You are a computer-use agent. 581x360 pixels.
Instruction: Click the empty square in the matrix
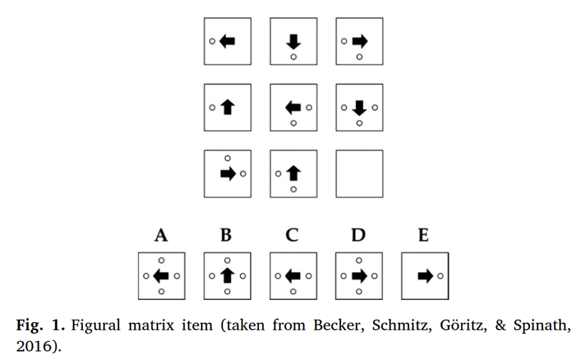[359, 173]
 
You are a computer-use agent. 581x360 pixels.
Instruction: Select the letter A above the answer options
[161, 235]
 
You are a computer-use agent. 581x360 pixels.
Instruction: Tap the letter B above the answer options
[226, 235]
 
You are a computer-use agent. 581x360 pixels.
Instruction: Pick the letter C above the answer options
[292, 235]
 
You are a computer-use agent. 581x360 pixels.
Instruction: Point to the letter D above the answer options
[358, 235]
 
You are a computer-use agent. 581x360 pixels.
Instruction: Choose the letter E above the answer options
[423, 235]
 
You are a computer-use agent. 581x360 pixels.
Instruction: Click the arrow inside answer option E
[425, 276]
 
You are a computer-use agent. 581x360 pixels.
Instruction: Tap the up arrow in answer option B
[227, 276]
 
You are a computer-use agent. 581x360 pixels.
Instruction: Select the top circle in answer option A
[162, 260]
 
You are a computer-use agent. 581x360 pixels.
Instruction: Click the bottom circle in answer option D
[359, 291]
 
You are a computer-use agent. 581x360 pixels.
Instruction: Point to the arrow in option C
[293, 276]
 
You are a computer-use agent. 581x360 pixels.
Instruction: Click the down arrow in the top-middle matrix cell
[293, 41]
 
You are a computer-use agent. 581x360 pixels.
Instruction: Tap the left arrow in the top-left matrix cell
[227, 41]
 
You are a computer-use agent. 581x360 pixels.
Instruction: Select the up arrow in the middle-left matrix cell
[227, 107]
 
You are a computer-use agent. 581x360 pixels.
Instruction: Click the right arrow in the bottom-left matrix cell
[228, 173]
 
